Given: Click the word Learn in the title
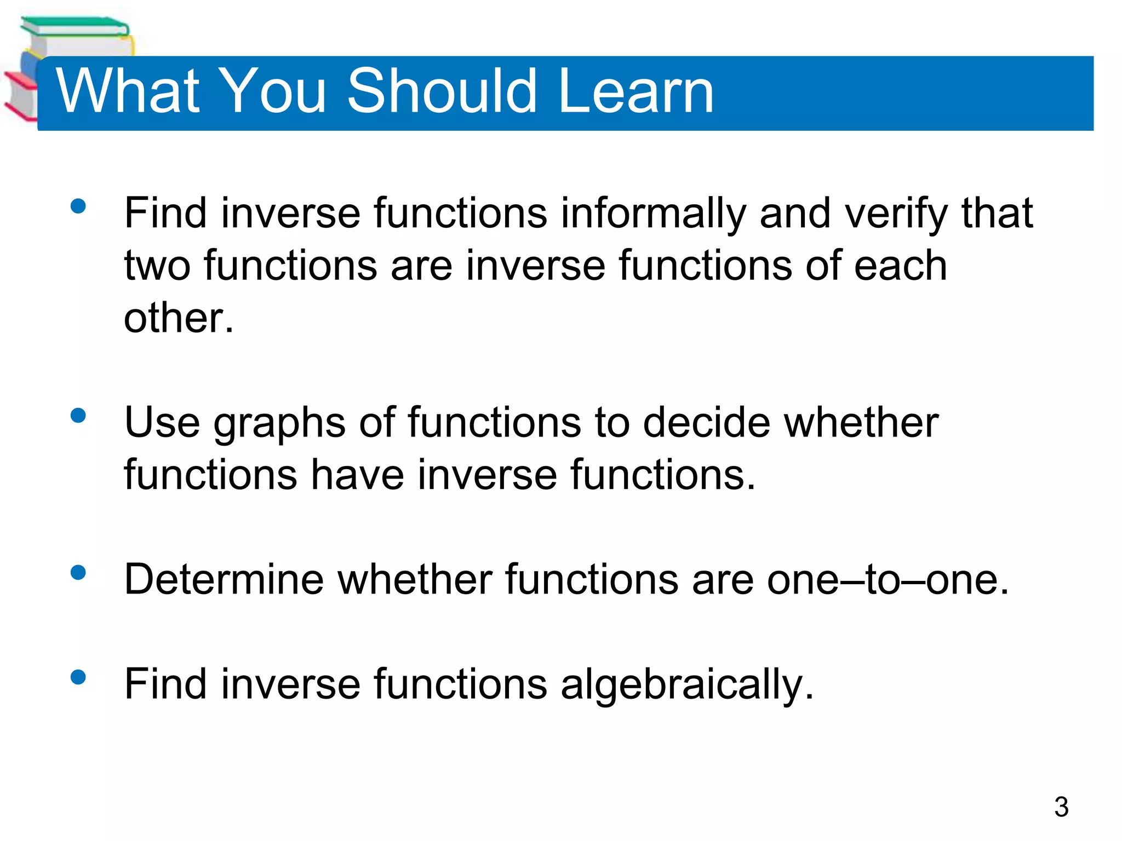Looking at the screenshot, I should [636, 91].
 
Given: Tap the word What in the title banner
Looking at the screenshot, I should [128, 91].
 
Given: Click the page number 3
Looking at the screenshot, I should [1061, 807].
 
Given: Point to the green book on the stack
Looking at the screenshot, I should [74, 26].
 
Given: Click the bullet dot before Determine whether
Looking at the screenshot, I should [78, 573].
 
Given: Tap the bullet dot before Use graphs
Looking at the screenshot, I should [78, 416].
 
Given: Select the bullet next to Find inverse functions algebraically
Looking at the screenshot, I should [78, 677].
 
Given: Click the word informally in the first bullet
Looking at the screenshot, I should [653, 214].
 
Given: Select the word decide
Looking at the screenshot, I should [707, 423].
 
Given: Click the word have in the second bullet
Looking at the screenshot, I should [357, 475].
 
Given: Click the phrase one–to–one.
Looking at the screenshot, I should [888, 579].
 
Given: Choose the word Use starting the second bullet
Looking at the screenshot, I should [162, 423].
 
